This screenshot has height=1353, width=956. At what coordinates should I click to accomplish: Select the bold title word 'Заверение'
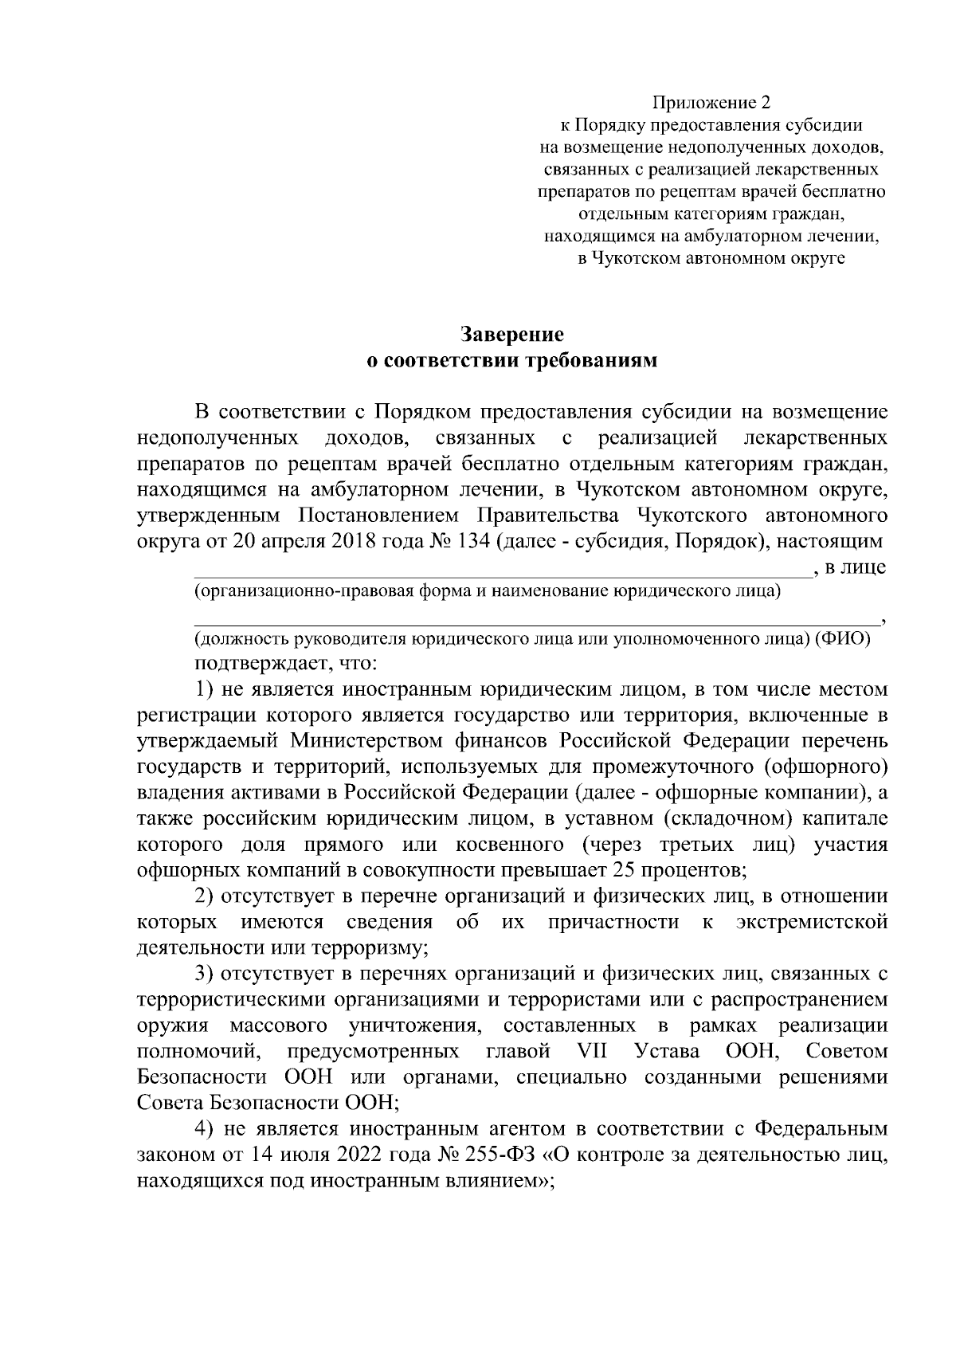click(511, 334)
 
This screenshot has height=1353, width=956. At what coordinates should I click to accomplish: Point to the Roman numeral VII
click(590, 1051)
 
